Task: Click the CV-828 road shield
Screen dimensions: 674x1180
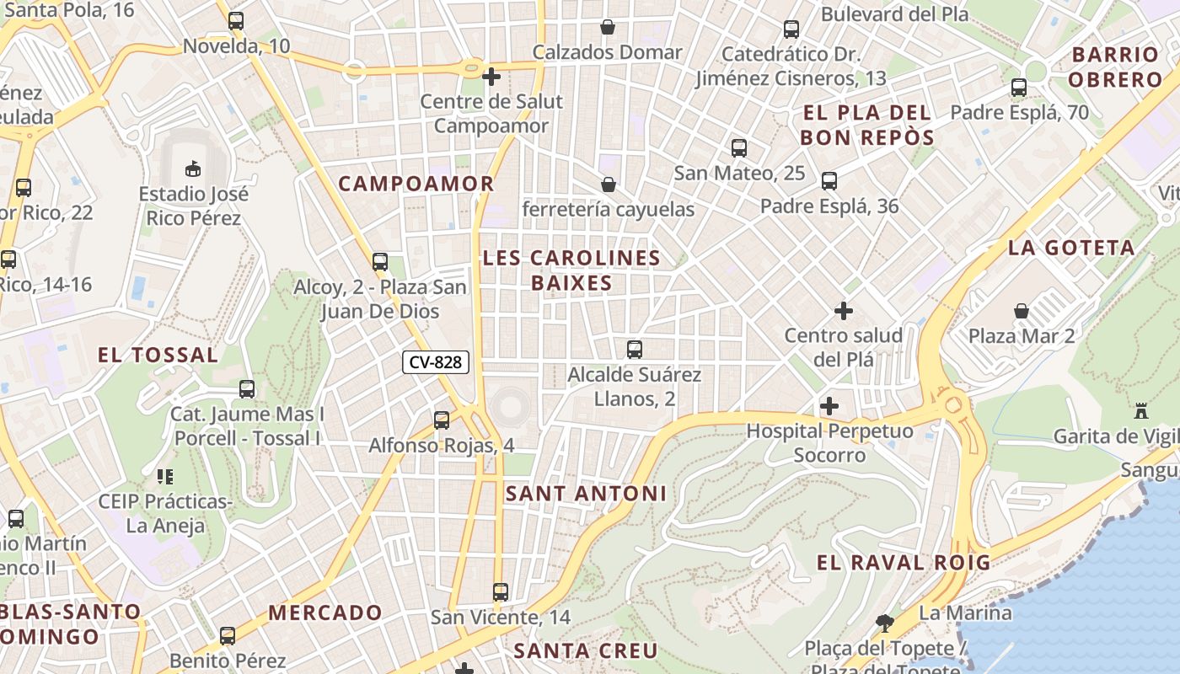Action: [435, 362]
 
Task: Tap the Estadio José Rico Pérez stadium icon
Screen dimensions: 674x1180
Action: [193, 168]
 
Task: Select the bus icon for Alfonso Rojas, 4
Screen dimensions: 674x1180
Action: [442, 420]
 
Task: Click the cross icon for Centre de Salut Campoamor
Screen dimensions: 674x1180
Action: [491, 77]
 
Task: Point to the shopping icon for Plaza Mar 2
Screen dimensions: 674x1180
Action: [1022, 311]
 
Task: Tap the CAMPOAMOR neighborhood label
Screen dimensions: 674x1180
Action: [416, 183]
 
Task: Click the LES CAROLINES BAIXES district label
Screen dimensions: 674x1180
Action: [571, 270]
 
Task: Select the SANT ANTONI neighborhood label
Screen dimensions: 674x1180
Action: [586, 494]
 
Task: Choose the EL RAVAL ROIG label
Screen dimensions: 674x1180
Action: [904, 563]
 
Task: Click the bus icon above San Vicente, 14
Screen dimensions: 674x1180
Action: [501, 591]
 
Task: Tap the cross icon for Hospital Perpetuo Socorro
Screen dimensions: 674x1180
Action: [829, 406]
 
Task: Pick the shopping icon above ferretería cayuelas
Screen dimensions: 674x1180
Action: [608, 184]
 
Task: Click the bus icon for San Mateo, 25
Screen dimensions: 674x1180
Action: [739, 148]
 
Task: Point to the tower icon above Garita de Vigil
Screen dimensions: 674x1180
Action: [1142, 411]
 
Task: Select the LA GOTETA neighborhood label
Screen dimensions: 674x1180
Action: [1071, 248]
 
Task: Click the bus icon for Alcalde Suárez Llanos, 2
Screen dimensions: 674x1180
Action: [635, 349]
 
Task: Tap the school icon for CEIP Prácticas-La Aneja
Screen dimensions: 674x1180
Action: [165, 477]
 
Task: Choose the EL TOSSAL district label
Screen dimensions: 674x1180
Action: [158, 355]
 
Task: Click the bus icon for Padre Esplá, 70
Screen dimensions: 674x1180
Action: [1019, 87]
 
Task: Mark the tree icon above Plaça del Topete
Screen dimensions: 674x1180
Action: [884, 623]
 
